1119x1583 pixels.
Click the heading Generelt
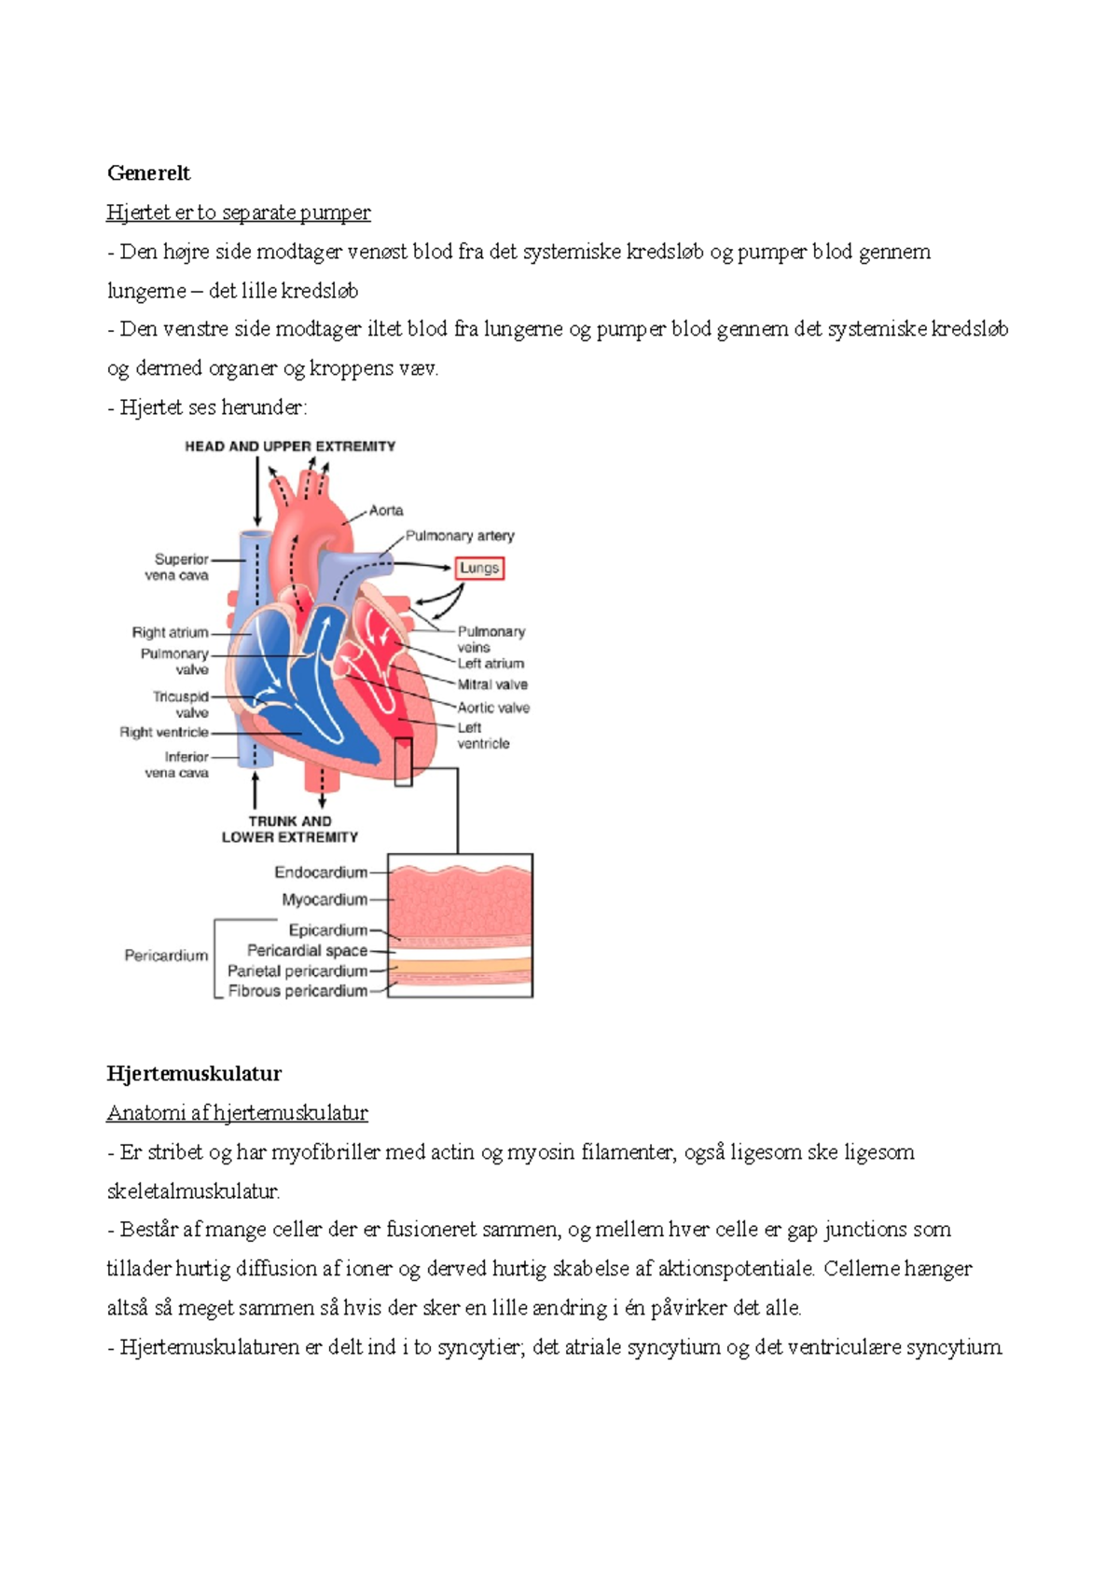tap(148, 172)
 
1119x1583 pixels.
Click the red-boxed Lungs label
tap(479, 568)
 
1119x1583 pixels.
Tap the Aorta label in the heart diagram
tap(386, 510)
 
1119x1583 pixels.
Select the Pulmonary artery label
tap(460, 536)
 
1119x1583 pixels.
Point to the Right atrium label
tap(170, 632)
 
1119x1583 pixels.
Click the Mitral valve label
tap(492, 684)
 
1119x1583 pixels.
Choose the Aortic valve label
tap(493, 708)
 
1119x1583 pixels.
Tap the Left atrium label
tap(490, 664)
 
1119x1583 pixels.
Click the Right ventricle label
tap(164, 732)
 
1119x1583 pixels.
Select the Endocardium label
tap(321, 873)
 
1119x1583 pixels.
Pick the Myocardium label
tap(325, 900)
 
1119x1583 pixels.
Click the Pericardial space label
tap(307, 950)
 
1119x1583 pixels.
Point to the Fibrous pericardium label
tap(297, 991)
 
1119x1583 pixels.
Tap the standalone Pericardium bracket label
tap(166, 956)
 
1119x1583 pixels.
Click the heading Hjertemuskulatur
tap(194, 1073)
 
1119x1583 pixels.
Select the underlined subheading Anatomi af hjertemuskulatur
tap(237, 1112)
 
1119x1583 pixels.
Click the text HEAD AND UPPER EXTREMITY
tap(290, 447)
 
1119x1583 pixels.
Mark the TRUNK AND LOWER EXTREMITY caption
tap(290, 829)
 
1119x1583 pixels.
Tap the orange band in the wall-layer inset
tap(460, 965)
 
